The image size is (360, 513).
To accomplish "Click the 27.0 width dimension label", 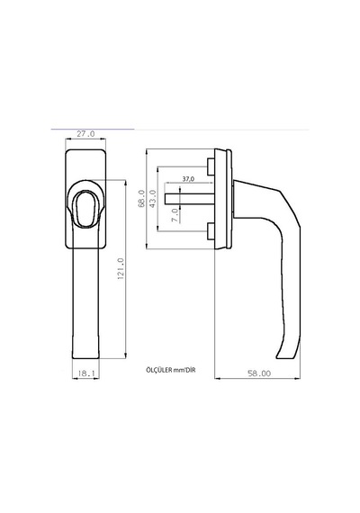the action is [x=85, y=134].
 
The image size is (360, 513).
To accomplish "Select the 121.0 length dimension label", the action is [x=121, y=268].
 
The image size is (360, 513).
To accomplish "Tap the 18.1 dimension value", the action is [x=85, y=373].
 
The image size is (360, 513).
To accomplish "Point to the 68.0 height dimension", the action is [x=141, y=198].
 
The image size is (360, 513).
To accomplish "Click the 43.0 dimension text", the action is [x=153, y=198].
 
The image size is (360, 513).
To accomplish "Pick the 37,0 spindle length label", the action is [x=188, y=179].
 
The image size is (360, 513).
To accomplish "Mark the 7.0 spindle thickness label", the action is [x=175, y=215].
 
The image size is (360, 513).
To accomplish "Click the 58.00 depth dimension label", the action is [x=259, y=373].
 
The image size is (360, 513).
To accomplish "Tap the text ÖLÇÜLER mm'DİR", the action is [x=171, y=370].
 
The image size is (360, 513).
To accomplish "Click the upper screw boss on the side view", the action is [x=211, y=166].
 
